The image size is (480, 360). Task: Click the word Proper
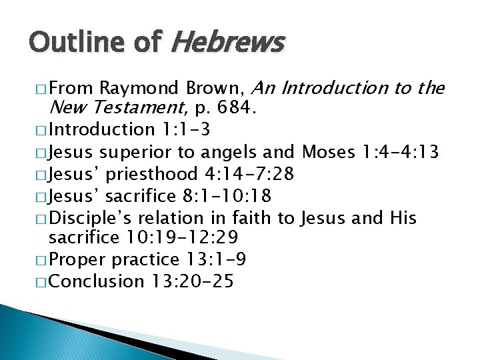[77, 259]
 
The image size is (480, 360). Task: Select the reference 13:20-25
[192, 281]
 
